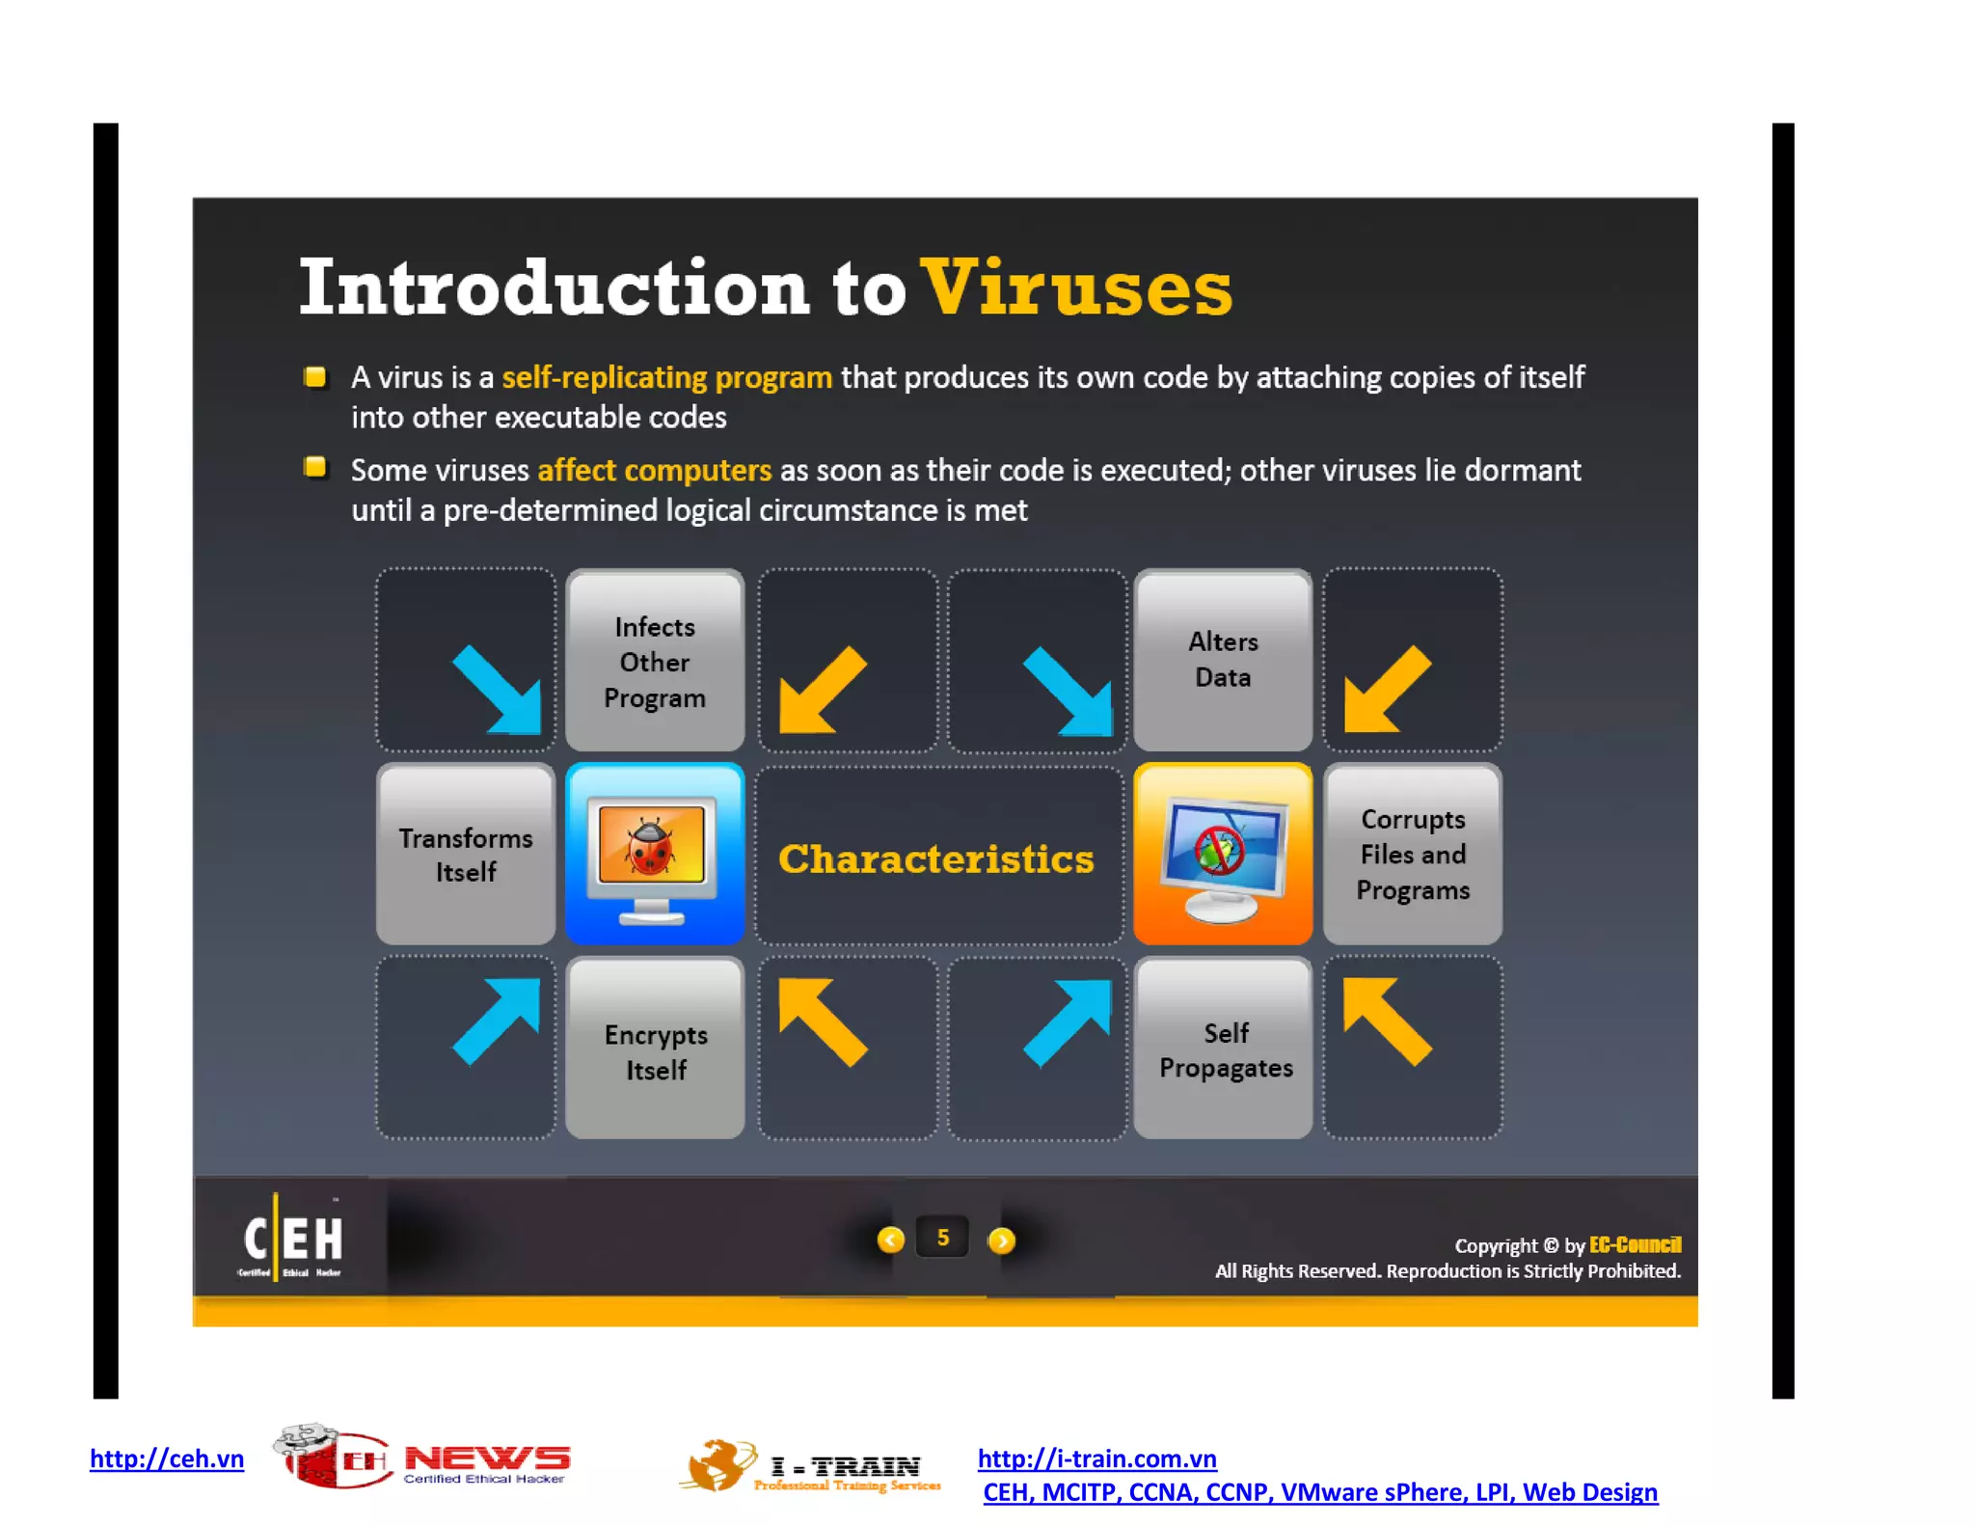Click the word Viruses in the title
coord(1075,287)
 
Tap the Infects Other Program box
coord(655,662)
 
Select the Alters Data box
coord(1223,660)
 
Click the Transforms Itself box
coord(466,855)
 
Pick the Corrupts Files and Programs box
coord(1412,855)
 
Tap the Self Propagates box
coord(1224,1049)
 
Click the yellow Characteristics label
coord(935,858)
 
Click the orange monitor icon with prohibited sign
coord(1223,855)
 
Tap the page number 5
coord(942,1239)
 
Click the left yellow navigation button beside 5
coord(890,1240)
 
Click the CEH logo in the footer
coord(292,1239)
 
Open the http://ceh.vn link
coord(167,1458)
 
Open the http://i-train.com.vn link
coord(1096,1458)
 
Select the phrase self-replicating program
coord(666,377)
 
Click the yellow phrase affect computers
coord(654,470)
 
